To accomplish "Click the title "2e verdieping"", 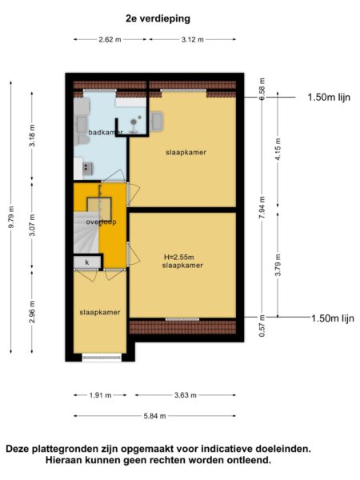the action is (x=158, y=18).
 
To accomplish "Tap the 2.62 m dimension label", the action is (x=110, y=39).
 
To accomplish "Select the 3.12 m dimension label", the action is (x=193, y=39).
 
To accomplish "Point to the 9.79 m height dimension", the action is (x=11, y=217).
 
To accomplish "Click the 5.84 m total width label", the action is (x=154, y=416).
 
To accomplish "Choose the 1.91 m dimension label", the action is (x=101, y=395).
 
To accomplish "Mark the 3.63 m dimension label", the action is (x=186, y=395).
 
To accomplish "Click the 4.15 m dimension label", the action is (x=278, y=149).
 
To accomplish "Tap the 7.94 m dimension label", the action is (x=262, y=207).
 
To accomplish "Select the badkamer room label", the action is (x=106, y=133).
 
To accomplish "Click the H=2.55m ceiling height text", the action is (x=179, y=257).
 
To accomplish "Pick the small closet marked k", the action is (x=87, y=262).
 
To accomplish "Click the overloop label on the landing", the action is (x=101, y=222).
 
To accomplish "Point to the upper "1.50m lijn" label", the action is (x=329, y=98).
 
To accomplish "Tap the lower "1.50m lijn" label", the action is (x=333, y=318).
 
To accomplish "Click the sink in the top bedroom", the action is (x=157, y=122).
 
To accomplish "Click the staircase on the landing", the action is (x=86, y=232).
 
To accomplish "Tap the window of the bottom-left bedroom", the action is (x=102, y=358).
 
